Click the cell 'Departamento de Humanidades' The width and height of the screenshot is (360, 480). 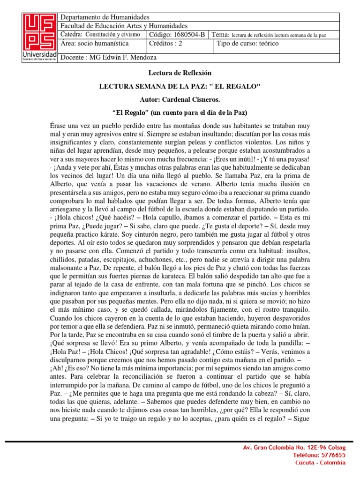(105, 17)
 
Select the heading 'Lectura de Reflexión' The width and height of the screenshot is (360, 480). (180, 73)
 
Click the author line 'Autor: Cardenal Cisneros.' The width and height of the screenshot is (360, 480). (180, 100)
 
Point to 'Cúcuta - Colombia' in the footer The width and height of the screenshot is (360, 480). (320, 463)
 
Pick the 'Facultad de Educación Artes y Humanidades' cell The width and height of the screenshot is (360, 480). (124, 26)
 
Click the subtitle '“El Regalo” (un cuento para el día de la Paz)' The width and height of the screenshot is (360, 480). (180, 113)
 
